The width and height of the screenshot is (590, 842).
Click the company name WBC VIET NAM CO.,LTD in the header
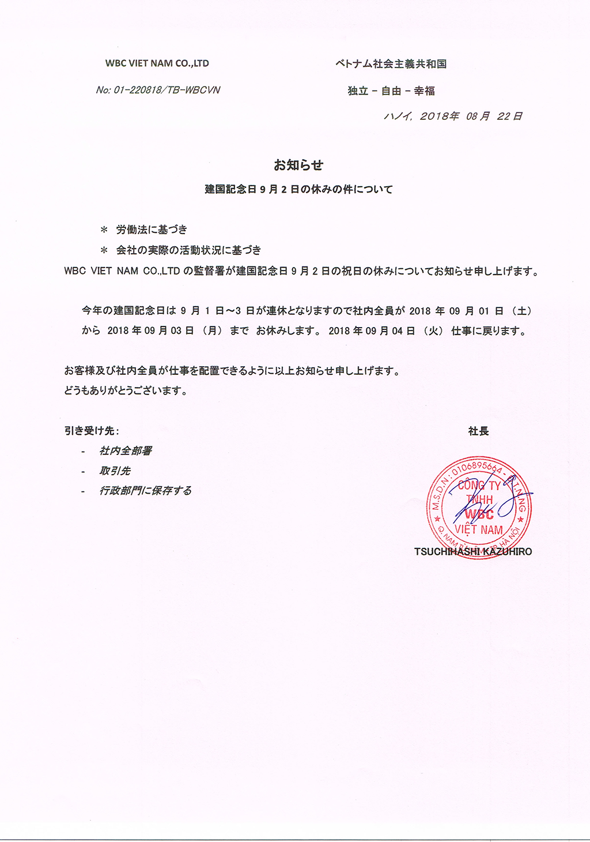pos(157,63)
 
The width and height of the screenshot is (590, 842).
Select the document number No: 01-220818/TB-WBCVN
pos(158,90)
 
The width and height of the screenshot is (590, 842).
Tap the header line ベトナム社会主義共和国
pos(391,64)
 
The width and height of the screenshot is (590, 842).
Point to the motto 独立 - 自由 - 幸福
pos(391,91)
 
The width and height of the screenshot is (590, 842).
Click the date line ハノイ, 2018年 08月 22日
pos(453,116)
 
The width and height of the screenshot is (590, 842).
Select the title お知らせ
pos(298,165)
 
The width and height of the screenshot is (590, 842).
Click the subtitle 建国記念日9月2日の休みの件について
pos(298,189)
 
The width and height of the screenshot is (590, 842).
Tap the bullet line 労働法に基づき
pos(152,230)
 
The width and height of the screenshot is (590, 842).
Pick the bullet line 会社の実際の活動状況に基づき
pos(188,250)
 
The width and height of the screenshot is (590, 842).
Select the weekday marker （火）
pos(433,331)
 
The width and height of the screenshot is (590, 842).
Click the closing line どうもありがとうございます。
pos(126,390)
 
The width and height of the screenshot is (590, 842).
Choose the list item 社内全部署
pos(126,451)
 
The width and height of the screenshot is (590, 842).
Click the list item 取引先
pos(115,471)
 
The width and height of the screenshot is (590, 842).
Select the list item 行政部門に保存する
pos(145,491)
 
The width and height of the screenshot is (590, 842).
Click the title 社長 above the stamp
pos(478,431)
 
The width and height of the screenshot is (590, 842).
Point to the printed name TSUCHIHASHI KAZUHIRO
pos(473,551)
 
